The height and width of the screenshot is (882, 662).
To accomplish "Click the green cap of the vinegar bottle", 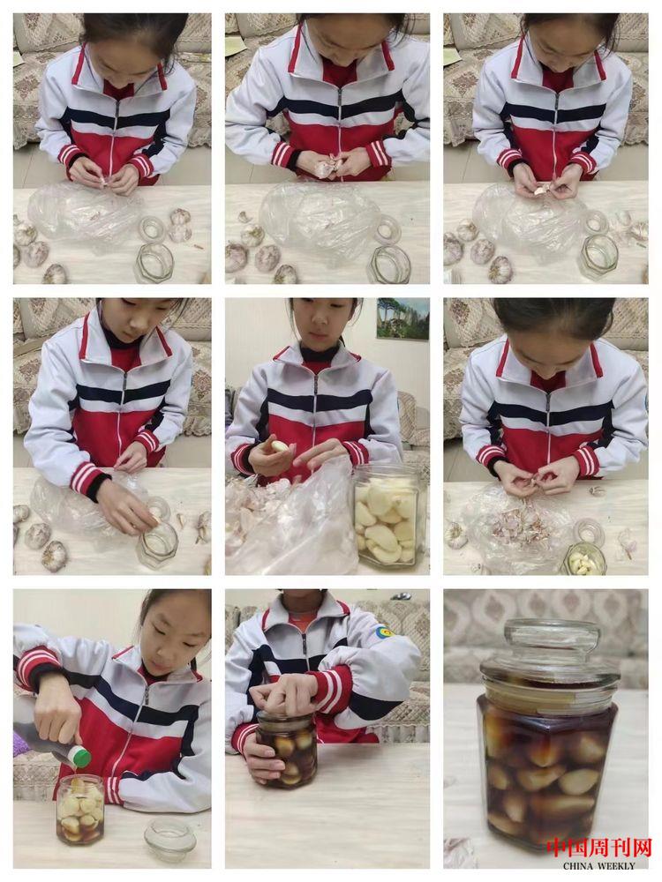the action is (x=83, y=757).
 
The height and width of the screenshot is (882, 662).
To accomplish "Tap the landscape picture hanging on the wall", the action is (x=402, y=319).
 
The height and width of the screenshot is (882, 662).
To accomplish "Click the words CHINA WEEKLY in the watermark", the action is (x=599, y=866).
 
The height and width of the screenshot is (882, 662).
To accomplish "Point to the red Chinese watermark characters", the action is (x=599, y=848).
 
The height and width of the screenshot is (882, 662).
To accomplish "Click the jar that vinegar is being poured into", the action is (x=80, y=808).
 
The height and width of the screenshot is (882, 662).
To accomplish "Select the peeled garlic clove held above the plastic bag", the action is (x=279, y=446).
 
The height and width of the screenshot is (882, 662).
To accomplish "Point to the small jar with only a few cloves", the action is (x=585, y=558).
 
